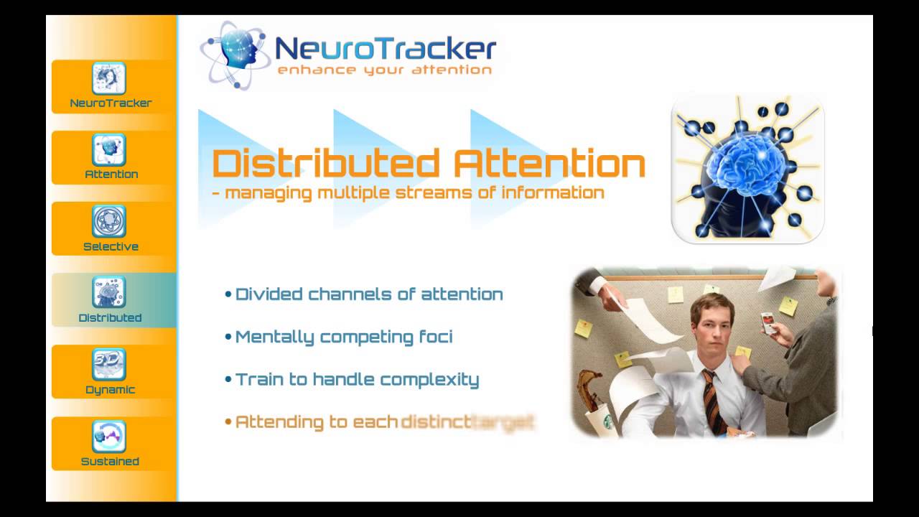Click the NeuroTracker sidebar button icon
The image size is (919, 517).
coord(109,78)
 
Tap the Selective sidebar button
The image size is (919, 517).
coord(110,228)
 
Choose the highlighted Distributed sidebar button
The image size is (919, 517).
coord(110,300)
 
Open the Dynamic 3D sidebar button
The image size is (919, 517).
coord(110,372)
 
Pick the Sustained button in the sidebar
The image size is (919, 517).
coord(110,444)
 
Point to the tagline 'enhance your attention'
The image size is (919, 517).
coord(384,70)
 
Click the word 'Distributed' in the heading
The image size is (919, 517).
coord(326,164)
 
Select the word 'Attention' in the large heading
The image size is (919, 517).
coord(549,164)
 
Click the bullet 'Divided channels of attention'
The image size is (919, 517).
coord(368,294)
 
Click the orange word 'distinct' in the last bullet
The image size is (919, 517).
coord(435,421)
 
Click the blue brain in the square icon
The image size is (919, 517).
coord(747,165)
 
